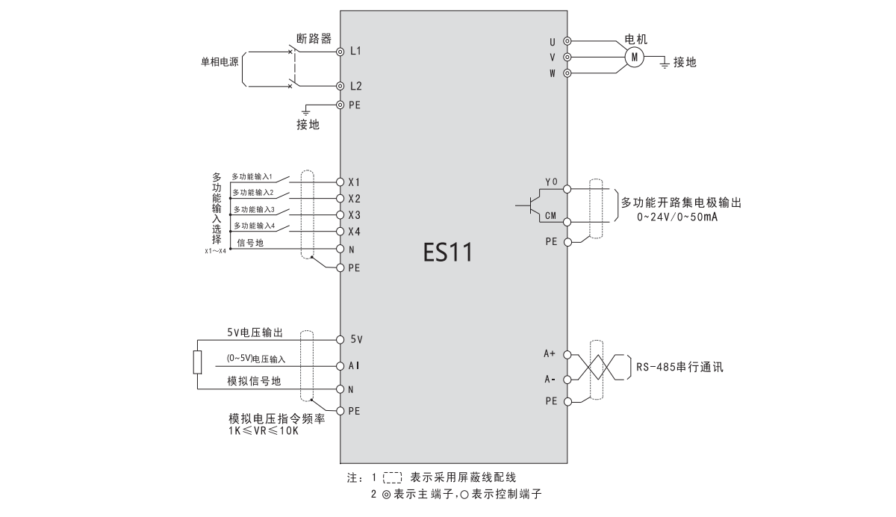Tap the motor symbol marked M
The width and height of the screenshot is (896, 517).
[633, 56]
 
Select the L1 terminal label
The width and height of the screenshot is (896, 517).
[355, 52]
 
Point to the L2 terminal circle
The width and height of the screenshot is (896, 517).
[340, 87]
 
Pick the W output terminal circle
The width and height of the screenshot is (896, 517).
[568, 73]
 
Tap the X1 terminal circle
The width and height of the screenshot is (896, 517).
[340, 182]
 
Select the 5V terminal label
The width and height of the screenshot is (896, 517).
[356, 339]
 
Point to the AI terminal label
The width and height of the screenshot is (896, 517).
[355, 365]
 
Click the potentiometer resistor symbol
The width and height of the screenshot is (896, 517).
[197, 362]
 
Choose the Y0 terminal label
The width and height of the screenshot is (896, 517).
[552, 182]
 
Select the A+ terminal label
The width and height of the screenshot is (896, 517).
[550, 353]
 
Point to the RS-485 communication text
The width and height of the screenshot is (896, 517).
[680, 368]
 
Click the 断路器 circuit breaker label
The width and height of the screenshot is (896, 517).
[314, 39]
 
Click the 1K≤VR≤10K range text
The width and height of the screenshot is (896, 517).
[263, 431]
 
